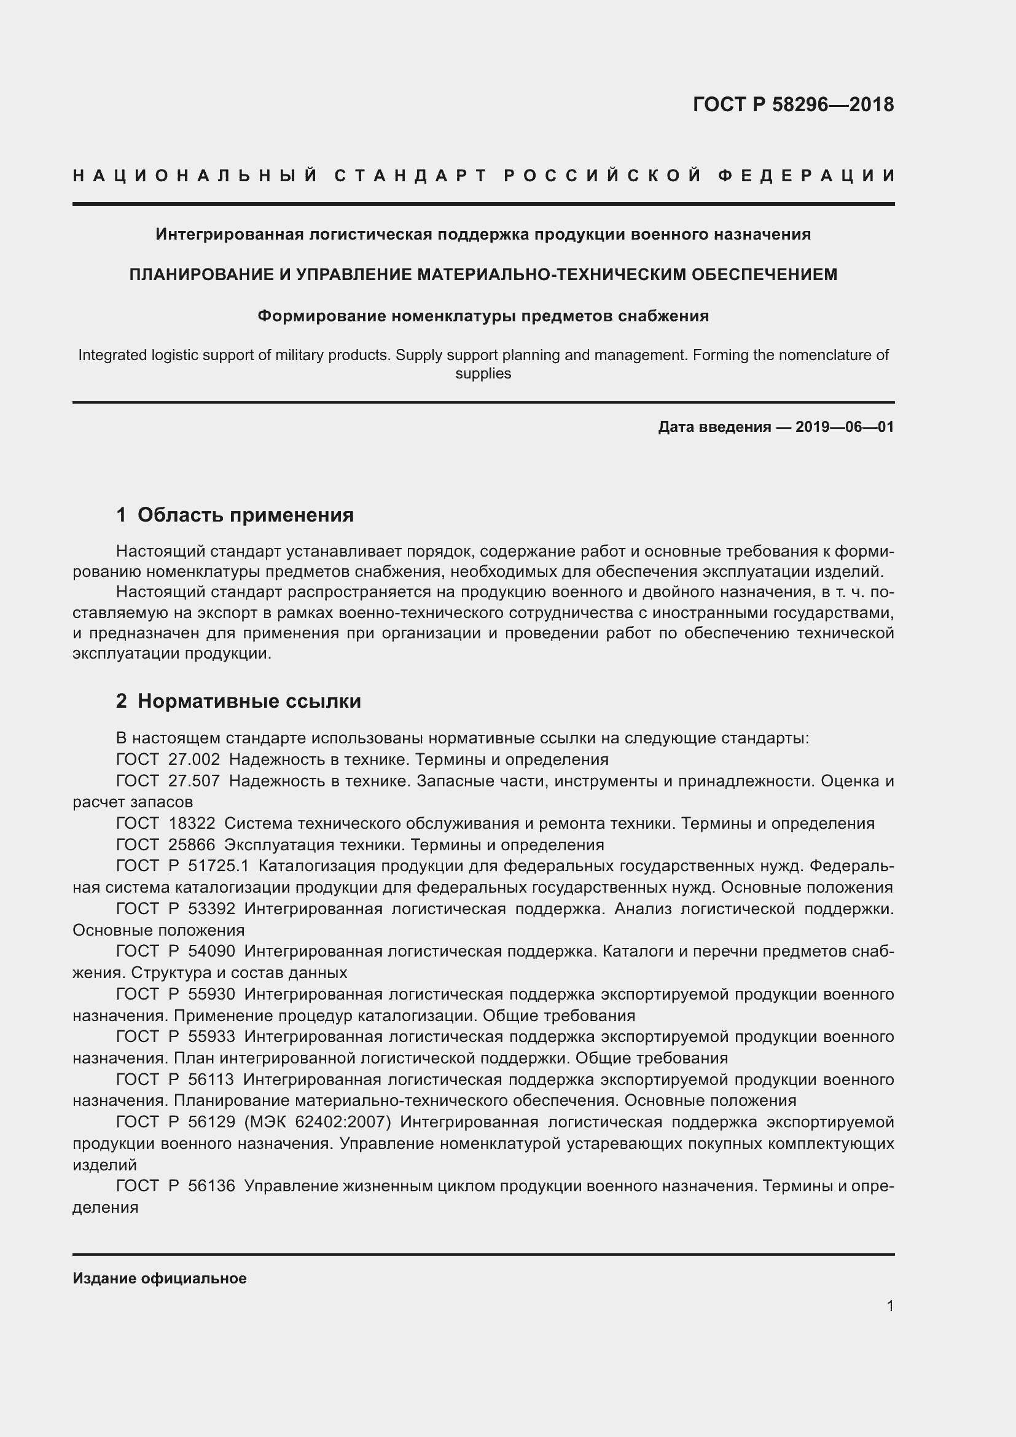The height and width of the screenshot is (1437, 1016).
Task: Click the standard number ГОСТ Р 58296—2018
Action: point(792,104)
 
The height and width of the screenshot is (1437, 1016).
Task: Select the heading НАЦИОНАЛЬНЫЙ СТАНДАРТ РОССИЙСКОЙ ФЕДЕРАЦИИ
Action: point(483,176)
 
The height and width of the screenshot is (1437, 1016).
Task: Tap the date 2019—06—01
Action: point(844,428)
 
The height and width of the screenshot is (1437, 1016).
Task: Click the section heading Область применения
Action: point(245,515)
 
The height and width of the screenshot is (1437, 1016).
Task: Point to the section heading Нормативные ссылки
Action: point(249,702)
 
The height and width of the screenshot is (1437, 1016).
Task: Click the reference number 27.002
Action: point(194,760)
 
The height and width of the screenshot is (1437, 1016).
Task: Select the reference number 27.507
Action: point(194,781)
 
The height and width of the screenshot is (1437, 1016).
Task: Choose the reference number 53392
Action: point(211,909)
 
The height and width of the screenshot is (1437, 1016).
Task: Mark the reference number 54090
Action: point(211,951)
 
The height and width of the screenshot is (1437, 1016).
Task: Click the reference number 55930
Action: point(211,995)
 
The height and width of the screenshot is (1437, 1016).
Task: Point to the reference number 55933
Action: point(211,1037)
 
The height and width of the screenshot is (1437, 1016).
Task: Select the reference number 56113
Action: point(211,1079)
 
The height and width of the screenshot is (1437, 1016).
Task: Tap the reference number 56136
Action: point(211,1186)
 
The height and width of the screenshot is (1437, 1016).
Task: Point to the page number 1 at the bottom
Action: point(889,1306)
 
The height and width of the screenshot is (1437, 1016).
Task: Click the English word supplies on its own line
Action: point(483,374)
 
